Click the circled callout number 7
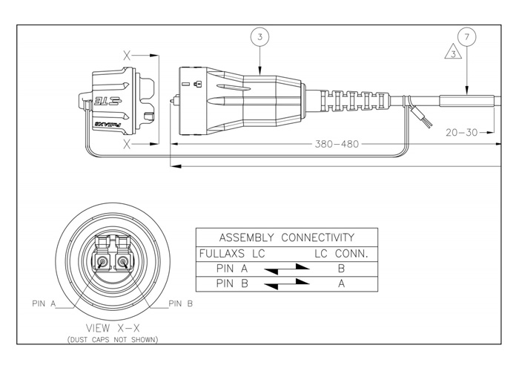coord(466,36)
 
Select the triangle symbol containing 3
coord(451,52)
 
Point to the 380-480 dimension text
coord(334,144)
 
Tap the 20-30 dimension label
coord(460,133)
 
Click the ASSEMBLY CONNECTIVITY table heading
coord(286,237)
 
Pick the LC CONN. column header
coord(341,254)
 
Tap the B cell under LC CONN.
coord(340,269)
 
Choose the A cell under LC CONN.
coord(340,283)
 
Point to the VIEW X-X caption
coord(119,327)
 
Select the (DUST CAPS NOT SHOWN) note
coord(119,339)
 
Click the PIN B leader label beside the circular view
coord(181,303)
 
